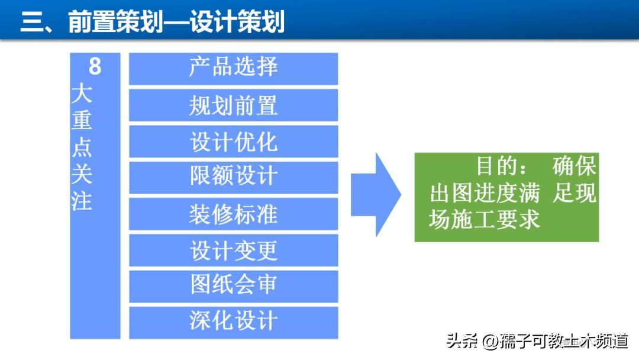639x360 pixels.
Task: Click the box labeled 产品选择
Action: pos(233,68)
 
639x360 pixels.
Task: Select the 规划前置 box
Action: pos(233,105)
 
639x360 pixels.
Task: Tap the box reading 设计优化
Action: pos(233,142)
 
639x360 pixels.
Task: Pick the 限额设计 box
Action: pos(233,177)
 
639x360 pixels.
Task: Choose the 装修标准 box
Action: pos(233,214)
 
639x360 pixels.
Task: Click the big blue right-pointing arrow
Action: pos(375,195)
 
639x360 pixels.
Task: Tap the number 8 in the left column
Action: pos(95,66)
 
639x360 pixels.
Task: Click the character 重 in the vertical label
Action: pos(82,120)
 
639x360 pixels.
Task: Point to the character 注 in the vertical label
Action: pos(82,201)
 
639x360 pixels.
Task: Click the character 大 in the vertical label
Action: pos(82,94)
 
